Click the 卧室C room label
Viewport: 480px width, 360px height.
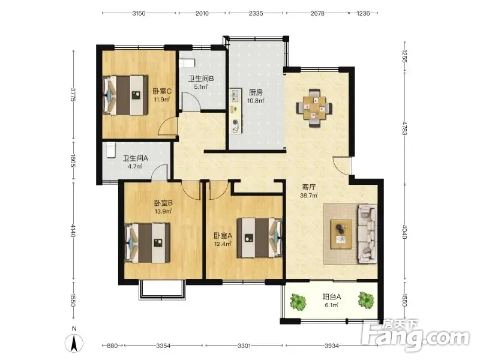click(x=162, y=91)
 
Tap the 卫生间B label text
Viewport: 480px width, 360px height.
click(x=201, y=79)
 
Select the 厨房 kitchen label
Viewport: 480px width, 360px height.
click(x=256, y=92)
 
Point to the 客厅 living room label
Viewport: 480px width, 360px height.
click(x=308, y=187)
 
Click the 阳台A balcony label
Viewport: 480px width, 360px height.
click(x=332, y=296)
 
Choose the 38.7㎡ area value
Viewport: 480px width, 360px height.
click(x=308, y=196)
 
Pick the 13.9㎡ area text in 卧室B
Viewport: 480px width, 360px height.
click(x=163, y=211)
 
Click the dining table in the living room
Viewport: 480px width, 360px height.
click(x=314, y=108)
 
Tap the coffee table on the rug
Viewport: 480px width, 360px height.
click(x=341, y=234)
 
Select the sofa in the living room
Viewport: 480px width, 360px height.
click(x=367, y=234)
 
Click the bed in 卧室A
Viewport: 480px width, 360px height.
click(x=260, y=238)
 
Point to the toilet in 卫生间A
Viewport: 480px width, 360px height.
click(x=110, y=150)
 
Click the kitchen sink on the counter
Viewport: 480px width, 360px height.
click(x=235, y=95)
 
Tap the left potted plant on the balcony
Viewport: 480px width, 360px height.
click(x=298, y=302)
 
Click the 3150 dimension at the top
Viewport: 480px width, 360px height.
click(x=139, y=13)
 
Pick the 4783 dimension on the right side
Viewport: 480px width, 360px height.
click(x=404, y=128)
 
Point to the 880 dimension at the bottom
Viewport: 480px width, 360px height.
click(x=112, y=346)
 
